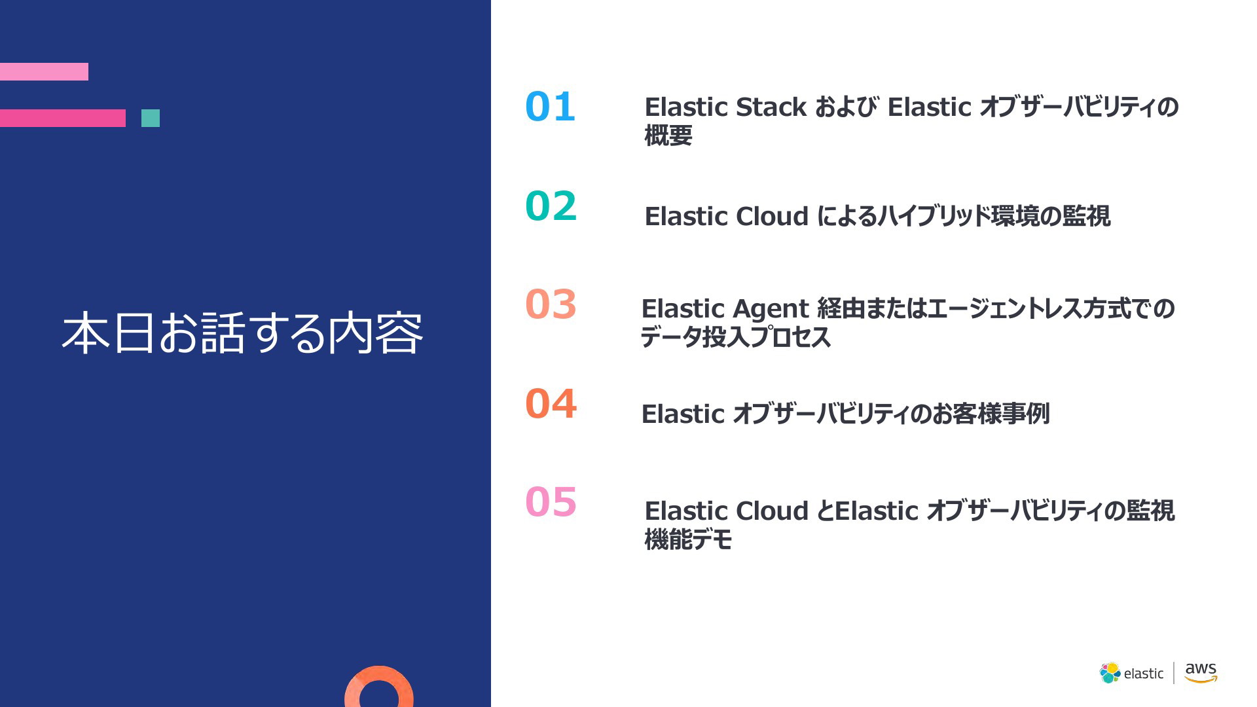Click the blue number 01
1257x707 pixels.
click(x=550, y=107)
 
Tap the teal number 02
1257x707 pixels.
click(x=551, y=206)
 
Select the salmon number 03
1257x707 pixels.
click(x=551, y=304)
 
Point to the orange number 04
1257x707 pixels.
click(x=551, y=403)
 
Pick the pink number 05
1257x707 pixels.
click(x=551, y=502)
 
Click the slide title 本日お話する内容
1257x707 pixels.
click(x=242, y=333)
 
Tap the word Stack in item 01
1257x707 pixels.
click(x=771, y=107)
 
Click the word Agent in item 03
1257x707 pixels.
click(x=771, y=309)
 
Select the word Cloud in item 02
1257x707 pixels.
click(x=773, y=216)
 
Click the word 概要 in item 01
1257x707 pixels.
click(x=668, y=136)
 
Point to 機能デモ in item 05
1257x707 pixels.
click(x=688, y=539)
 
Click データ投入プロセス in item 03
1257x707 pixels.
click(x=736, y=337)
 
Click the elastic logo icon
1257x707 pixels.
click(x=1110, y=673)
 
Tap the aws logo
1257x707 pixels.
click(x=1201, y=672)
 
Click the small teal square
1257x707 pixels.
click(x=151, y=118)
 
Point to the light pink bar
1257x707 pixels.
click(x=44, y=71)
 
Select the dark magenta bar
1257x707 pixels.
click(x=63, y=118)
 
